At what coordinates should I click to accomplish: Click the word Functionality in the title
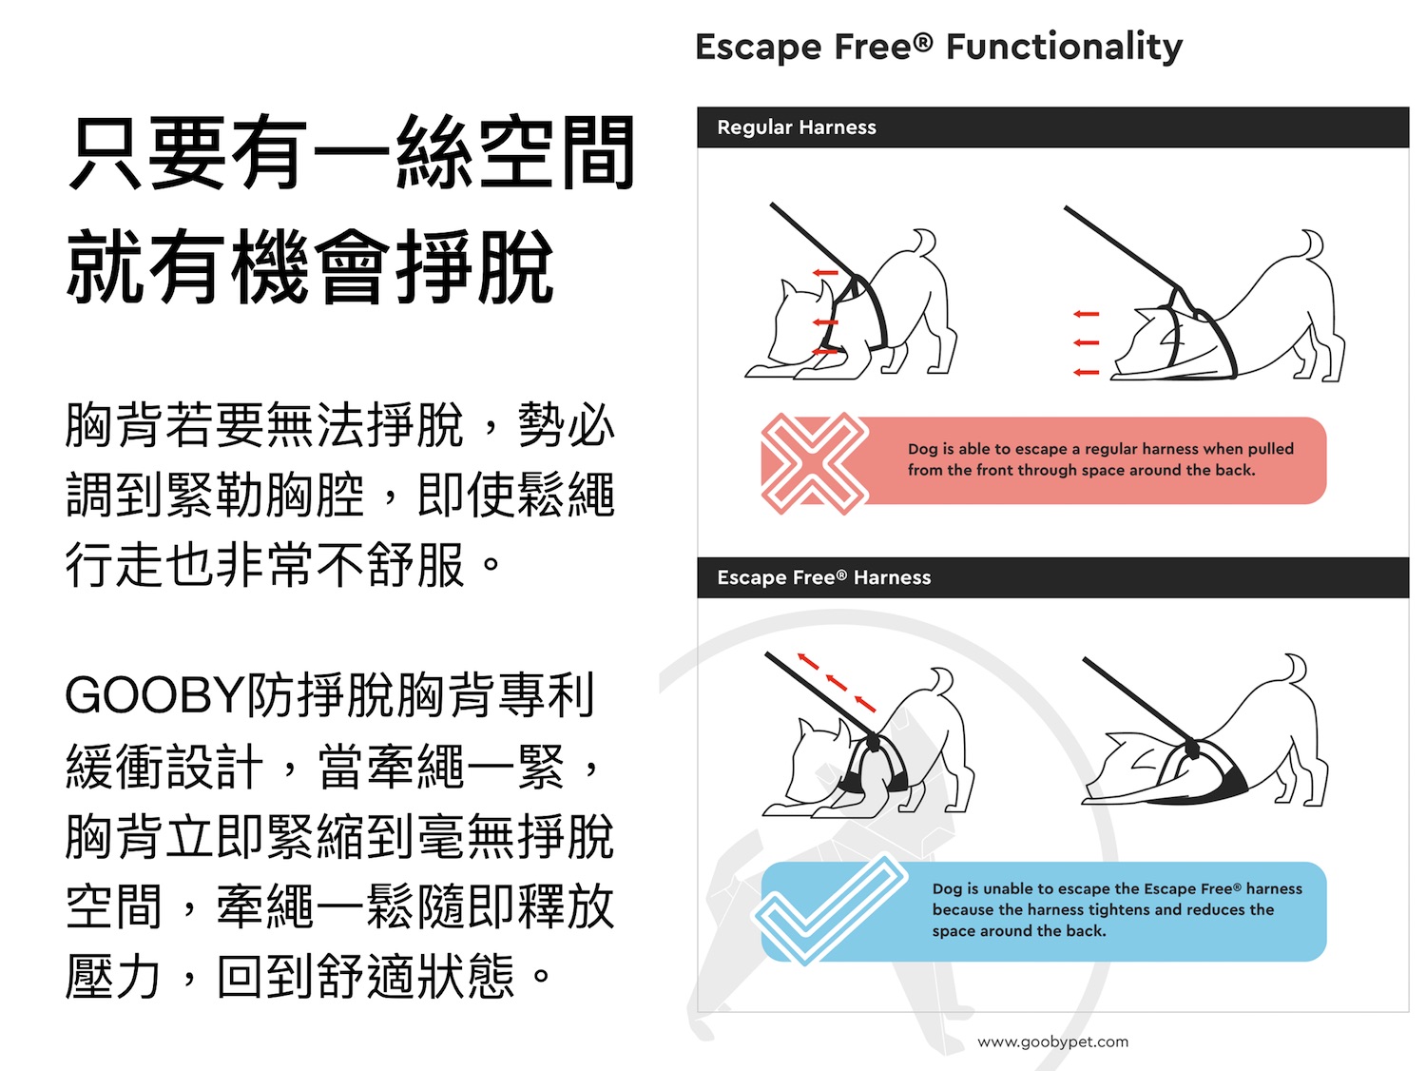tap(1064, 47)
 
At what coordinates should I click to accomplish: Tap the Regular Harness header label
tap(797, 127)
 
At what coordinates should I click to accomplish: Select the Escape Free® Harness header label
tap(824, 577)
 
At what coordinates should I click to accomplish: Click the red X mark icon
tap(815, 462)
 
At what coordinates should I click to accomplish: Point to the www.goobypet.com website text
tap(1053, 1042)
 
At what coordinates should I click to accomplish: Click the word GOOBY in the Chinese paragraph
tap(154, 696)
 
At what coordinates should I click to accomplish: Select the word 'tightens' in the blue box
tap(1124, 909)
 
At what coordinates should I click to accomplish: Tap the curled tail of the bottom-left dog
tap(943, 680)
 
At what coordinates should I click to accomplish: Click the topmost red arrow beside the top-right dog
tap(1087, 314)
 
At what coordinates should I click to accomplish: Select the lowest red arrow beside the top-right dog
tap(1087, 373)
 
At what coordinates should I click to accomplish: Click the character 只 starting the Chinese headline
tap(106, 153)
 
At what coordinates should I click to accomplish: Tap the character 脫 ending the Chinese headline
tap(516, 267)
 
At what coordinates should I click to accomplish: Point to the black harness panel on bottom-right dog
tap(1221, 779)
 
